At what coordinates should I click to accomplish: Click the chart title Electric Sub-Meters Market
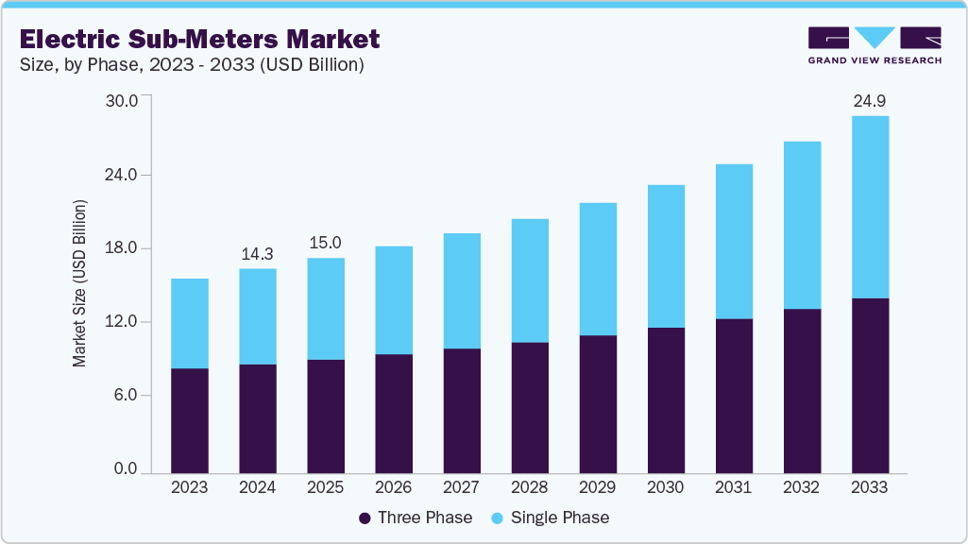click(x=199, y=39)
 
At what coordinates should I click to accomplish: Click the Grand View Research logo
click(x=875, y=45)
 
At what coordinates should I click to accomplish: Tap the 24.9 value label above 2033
click(x=869, y=100)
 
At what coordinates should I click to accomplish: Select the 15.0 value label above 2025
click(x=325, y=243)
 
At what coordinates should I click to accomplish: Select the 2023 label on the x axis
click(x=189, y=487)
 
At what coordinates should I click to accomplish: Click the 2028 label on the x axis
click(x=529, y=487)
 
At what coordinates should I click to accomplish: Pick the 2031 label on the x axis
click(x=733, y=487)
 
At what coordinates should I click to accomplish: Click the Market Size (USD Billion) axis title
click(x=80, y=283)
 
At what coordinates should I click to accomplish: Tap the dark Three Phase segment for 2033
click(x=869, y=385)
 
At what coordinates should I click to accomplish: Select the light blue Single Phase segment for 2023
click(x=189, y=323)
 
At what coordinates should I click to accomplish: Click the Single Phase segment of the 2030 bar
click(x=665, y=256)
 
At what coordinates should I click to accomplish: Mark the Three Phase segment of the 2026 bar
click(x=393, y=413)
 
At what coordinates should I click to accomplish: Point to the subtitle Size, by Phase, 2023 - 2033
click(x=192, y=65)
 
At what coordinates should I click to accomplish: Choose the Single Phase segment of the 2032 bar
click(x=801, y=225)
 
